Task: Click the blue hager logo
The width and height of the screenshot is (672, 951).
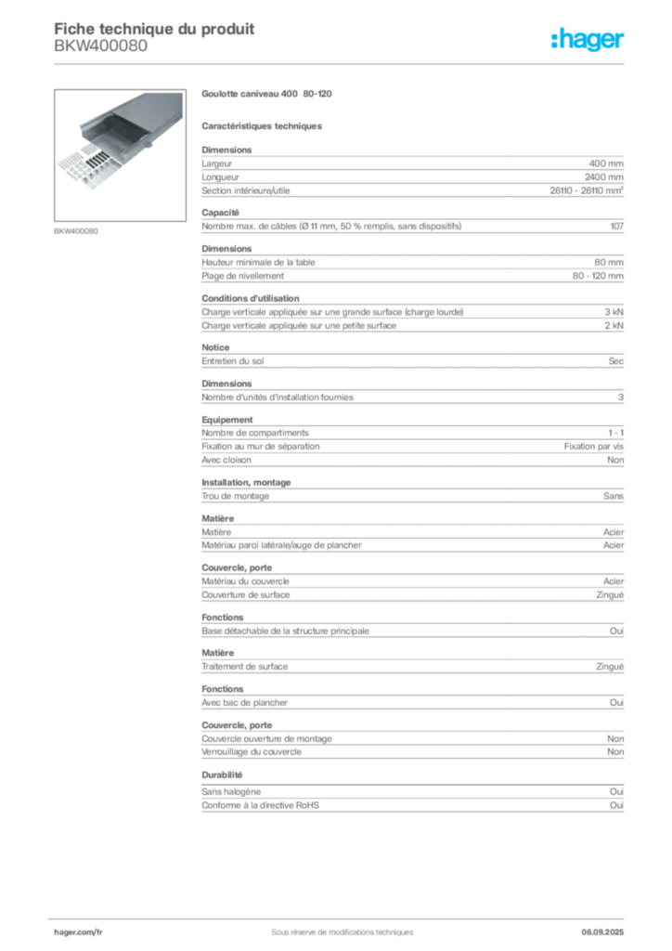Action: (588, 41)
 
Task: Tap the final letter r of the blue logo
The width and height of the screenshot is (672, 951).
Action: (622, 42)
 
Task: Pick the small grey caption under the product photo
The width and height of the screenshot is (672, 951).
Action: (77, 229)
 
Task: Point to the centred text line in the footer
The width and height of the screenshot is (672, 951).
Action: (335, 925)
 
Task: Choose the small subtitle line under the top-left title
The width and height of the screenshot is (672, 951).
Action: (99, 55)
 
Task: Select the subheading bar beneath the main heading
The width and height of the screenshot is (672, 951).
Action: (264, 124)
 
